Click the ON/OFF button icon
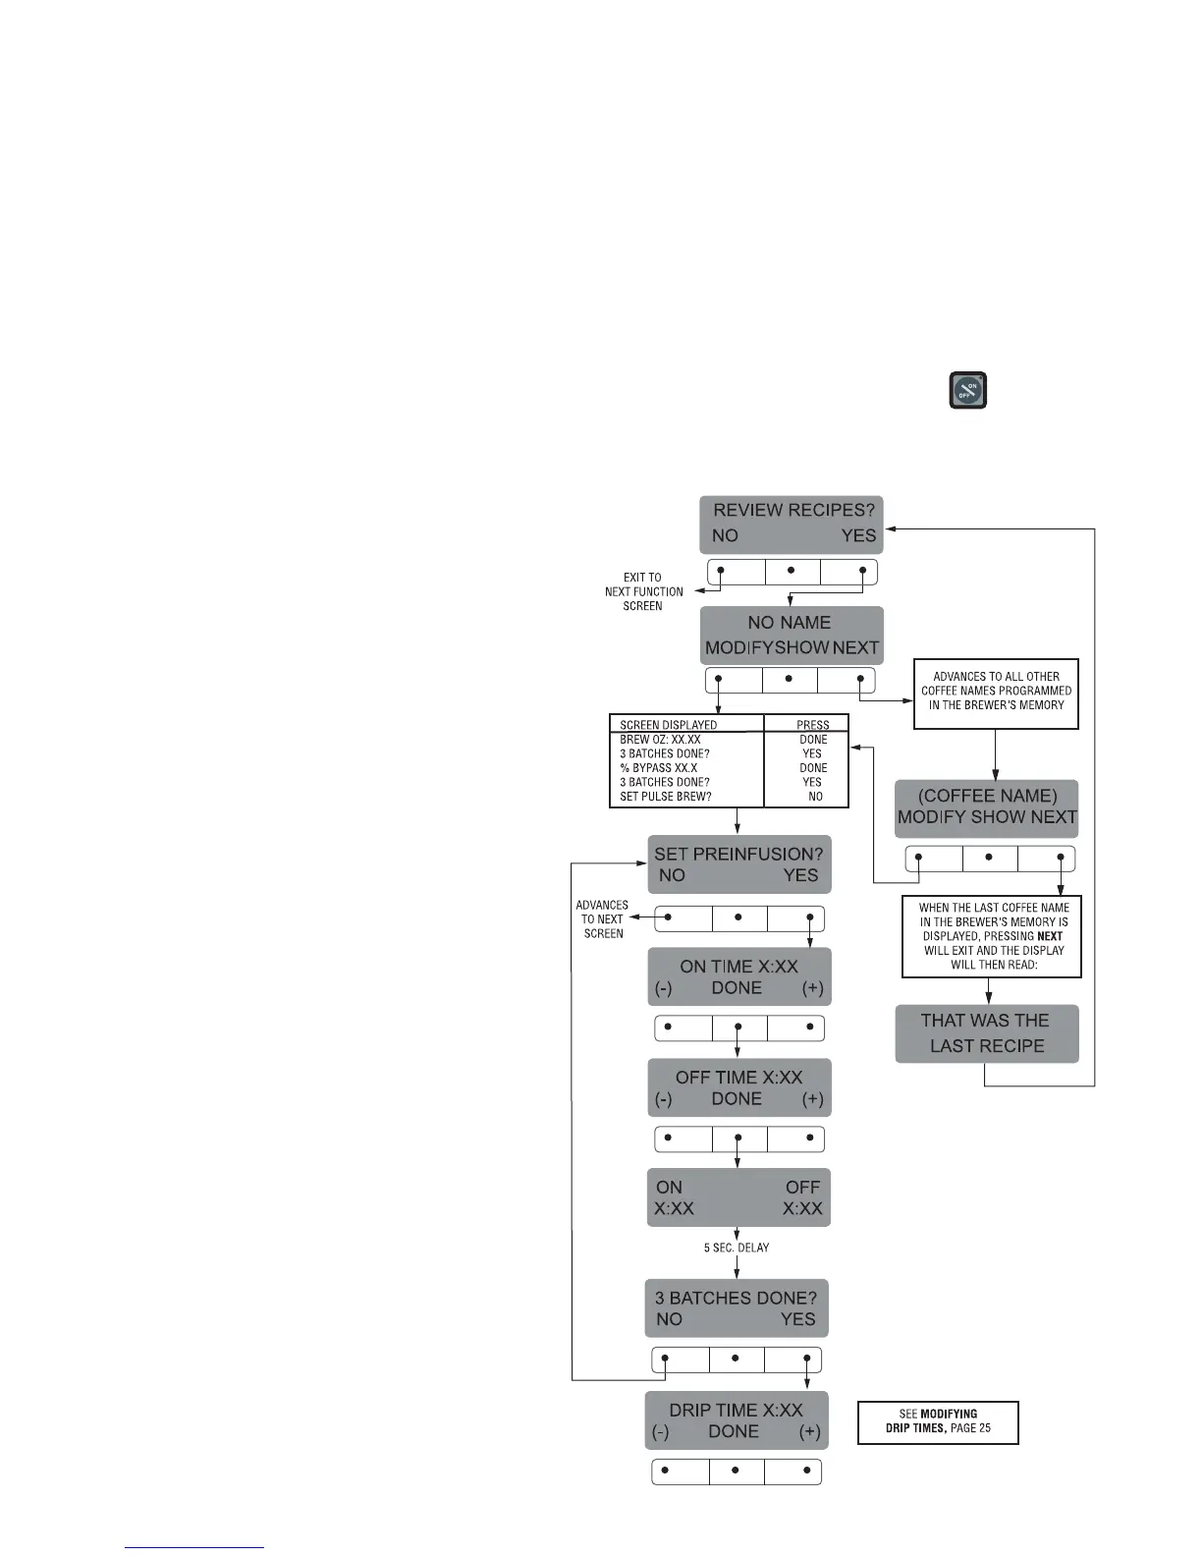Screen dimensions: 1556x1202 (967, 390)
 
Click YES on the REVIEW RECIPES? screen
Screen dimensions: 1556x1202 (857, 536)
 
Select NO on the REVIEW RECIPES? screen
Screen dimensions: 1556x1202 (725, 536)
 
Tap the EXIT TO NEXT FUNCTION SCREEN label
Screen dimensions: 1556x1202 (643, 591)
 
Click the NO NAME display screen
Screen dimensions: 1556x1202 (791, 635)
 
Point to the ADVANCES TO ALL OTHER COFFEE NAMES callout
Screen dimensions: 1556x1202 (996, 692)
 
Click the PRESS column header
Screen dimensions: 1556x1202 (812, 725)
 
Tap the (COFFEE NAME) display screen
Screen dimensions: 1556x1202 (986, 806)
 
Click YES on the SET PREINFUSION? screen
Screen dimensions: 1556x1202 (800, 876)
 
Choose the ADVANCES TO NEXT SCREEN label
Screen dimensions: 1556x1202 (602, 919)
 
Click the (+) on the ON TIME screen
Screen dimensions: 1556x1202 (812, 988)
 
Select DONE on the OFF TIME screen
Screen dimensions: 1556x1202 (737, 1099)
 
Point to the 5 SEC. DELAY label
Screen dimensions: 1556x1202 (737, 1248)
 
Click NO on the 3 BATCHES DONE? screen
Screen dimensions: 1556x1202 (669, 1319)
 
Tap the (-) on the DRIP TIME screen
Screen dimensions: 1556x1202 (660, 1432)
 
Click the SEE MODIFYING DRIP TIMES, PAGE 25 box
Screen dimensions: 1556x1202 (938, 1421)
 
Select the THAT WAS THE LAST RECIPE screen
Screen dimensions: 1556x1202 (986, 1033)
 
